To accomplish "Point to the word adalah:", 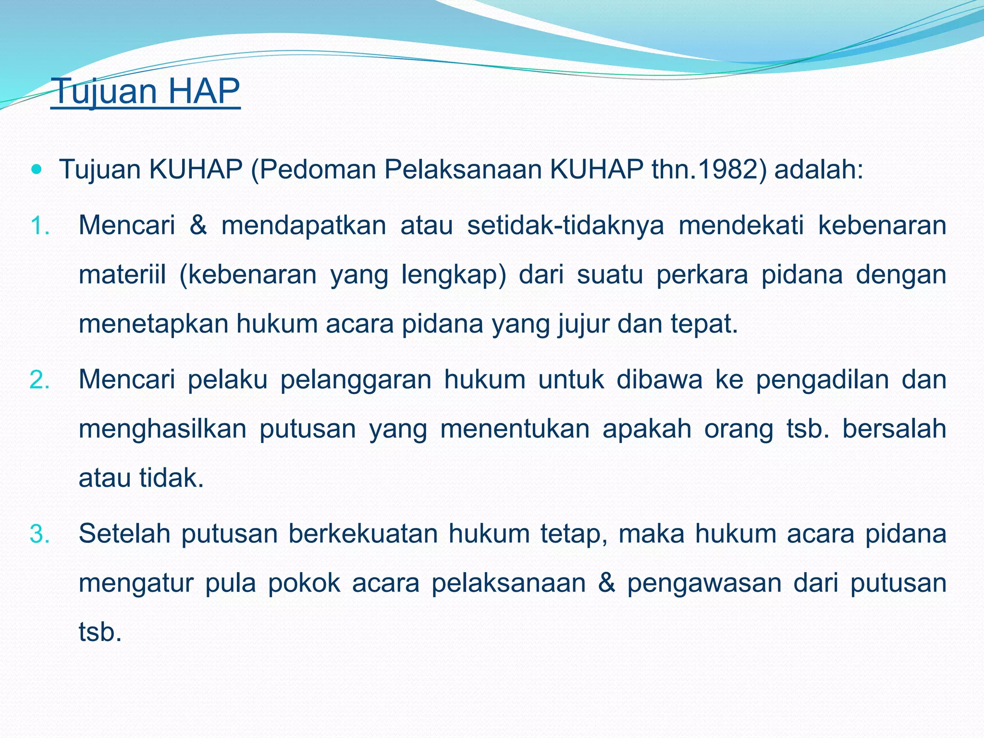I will point(819,170).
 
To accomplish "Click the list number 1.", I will point(40,226).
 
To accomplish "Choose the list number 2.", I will point(40,380).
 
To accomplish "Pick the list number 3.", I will point(40,534).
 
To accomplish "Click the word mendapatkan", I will point(304,225).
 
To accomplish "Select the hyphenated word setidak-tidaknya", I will point(566,225).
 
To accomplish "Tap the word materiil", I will point(123,275).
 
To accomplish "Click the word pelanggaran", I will point(356,380).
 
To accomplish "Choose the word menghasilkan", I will point(162,429).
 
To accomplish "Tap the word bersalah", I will point(894,429).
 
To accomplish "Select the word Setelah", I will point(124,534).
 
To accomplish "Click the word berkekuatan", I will point(363,534).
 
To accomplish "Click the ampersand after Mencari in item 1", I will point(198,225).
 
